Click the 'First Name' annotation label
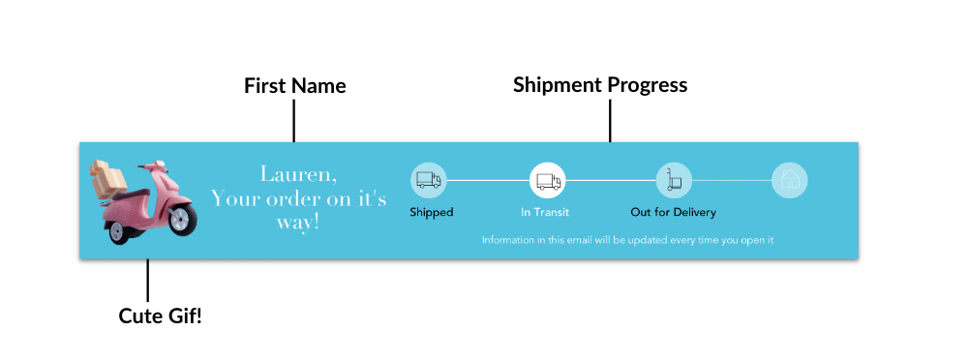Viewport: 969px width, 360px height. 294,86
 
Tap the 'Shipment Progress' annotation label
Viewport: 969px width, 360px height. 600,85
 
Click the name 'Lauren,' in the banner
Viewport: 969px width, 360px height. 299,175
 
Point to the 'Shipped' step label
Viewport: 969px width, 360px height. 431,212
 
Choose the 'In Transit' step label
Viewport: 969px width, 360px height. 545,212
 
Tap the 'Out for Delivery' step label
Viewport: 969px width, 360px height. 674,212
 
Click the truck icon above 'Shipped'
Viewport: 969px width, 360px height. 428,179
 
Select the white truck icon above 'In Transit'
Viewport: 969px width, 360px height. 547,180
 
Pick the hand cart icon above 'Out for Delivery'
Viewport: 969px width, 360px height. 674,179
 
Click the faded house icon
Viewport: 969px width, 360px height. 790,179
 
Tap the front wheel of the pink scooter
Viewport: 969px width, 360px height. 182,222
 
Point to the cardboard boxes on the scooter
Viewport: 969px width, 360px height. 107,177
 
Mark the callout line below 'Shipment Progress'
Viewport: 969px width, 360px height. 610,121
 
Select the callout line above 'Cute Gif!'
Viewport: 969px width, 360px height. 148,280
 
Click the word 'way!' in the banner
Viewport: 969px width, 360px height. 299,223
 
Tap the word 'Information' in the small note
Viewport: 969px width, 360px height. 507,240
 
